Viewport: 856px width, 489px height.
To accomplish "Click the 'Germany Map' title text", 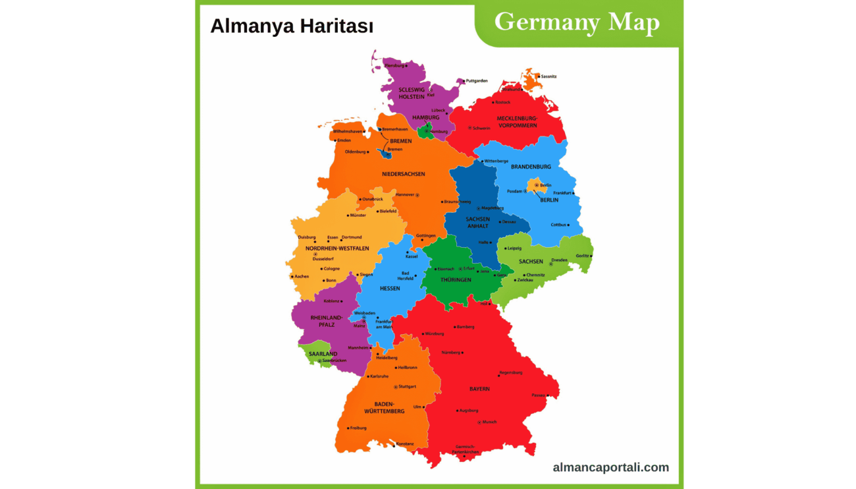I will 577,22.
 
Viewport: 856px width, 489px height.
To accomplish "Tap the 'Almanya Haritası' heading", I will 292,26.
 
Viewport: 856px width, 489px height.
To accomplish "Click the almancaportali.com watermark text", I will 611,467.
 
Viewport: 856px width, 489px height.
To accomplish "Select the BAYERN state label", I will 479,389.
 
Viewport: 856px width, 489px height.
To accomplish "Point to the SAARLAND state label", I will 323,354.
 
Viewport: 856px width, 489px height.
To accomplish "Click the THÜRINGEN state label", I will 456,280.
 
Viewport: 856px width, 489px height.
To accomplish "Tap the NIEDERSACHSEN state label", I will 403,174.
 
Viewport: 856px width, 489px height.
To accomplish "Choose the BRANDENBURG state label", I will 531,167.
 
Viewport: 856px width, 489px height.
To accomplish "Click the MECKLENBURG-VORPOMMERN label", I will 517,122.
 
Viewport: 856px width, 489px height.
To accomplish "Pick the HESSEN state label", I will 390,289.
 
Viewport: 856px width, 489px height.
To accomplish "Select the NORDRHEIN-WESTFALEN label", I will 328,248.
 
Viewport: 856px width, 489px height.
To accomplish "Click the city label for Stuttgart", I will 407,387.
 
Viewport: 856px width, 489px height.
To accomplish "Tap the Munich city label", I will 489,422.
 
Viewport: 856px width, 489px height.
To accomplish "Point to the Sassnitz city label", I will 548,76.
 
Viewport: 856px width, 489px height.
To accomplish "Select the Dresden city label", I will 559,260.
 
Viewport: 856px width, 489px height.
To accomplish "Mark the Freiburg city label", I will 358,428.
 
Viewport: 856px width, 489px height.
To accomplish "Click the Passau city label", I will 539,395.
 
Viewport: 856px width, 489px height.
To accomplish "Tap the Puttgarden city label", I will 476,80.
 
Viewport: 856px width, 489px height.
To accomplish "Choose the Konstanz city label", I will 405,444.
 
